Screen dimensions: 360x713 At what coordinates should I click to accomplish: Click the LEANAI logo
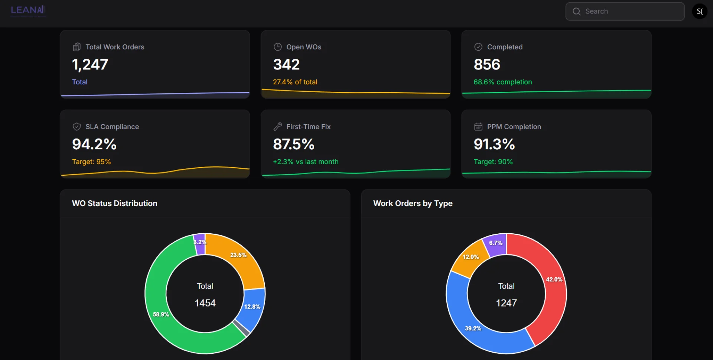click(x=28, y=10)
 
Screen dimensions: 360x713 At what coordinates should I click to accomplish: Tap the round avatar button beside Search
click(x=700, y=12)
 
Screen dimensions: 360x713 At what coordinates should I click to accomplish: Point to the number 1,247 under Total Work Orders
click(x=90, y=65)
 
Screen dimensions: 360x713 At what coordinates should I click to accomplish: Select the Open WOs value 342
click(x=286, y=65)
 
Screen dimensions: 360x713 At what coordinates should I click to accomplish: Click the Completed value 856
click(x=487, y=65)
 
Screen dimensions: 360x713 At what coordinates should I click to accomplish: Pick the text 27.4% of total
click(x=295, y=82)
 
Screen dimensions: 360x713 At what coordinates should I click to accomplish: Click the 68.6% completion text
click(x=502, y=82)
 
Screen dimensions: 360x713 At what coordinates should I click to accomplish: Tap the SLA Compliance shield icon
click(x=77, y=127)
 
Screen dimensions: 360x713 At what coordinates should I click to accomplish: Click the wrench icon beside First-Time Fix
click(x=278, y=127)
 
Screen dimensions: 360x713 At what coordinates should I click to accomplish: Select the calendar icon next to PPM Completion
click(x=478, y=127)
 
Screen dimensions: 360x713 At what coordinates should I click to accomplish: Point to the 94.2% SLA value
click(x=94, y=144)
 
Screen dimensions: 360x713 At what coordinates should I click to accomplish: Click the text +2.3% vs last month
click(x=306, y=162)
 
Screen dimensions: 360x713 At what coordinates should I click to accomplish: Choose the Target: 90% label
click(x=493, y=162)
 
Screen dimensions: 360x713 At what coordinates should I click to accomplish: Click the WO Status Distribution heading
click(x=115, y=204)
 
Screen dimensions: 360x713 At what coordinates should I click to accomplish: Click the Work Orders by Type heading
click(x=413, y=204)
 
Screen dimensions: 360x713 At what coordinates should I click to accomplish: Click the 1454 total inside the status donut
click(x=205, y=303)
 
